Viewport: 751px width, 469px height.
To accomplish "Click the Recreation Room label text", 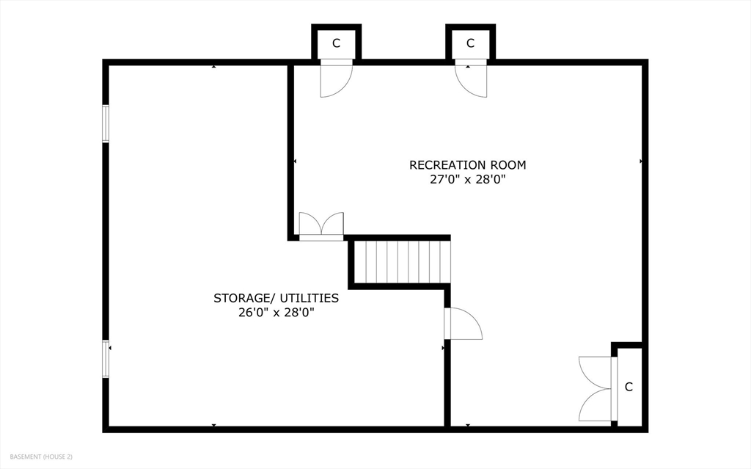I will (x=467, y=165).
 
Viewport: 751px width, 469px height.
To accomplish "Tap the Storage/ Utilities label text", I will (x=276, y=298).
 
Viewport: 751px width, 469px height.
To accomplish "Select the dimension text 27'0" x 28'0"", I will (x=467, y=179).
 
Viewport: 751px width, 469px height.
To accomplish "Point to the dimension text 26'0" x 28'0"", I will (x=276, y=312).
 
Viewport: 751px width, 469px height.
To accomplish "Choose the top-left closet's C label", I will (x=336, y=43).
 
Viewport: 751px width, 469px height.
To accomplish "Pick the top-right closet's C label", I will (x=470, y=43).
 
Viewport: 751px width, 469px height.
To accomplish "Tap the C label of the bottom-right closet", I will (x=629, y=387).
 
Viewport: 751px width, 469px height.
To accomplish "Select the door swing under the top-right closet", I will (x=470, y=79).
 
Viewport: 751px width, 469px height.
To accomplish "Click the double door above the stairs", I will (x=321, y=226).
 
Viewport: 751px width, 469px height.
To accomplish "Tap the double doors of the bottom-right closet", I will (x=596, y=388).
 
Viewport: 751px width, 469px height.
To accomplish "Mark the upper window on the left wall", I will (x=106, y=123).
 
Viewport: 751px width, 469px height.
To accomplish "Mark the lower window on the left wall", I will (x=106, y=359).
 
